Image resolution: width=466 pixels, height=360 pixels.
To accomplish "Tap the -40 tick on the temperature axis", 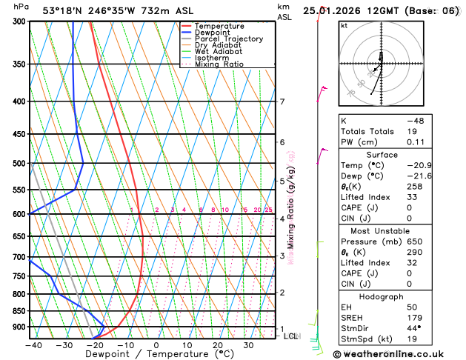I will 33,345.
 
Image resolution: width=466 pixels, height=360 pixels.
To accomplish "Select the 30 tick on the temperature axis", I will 249,345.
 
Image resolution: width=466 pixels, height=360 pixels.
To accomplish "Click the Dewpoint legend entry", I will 212,33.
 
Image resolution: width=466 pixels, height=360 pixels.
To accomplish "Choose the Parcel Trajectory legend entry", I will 228,39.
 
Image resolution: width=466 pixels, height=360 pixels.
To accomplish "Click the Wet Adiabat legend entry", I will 218,52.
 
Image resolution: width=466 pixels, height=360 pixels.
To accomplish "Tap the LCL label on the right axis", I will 291,336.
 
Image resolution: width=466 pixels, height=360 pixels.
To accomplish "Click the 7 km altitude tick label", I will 282,101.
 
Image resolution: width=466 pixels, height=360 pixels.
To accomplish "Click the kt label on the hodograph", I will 343,25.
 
